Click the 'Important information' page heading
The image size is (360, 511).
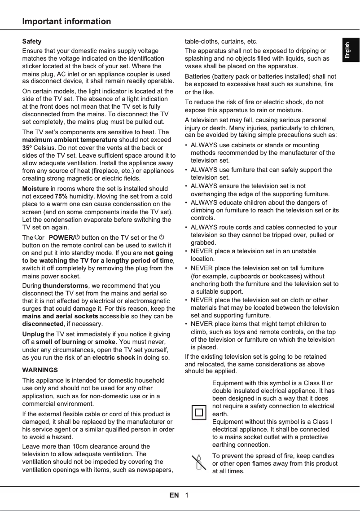coord(66,22)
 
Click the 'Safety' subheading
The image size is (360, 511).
coord(32,41)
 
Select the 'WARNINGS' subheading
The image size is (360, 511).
coord(40,370)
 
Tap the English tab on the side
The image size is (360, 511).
coord(350,50)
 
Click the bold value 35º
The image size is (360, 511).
coord(27,147)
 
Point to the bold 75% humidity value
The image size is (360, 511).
coord(61,196)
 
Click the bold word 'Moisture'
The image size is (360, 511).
coord(35,189)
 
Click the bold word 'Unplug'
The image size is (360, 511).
coord(33,334)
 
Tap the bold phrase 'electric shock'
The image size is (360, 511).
coord(113,357)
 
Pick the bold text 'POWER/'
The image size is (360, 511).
coord(61,237)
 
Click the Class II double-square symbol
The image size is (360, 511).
coord(199,412)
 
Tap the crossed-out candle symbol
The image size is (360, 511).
coord(198,463)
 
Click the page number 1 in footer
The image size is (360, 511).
coord(186,495)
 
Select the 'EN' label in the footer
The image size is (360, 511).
coord(174,495)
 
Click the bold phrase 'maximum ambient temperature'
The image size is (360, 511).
coord(70,140)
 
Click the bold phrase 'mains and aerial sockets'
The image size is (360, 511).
coord(60,316)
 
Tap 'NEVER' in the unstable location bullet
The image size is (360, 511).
coord(201,251)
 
